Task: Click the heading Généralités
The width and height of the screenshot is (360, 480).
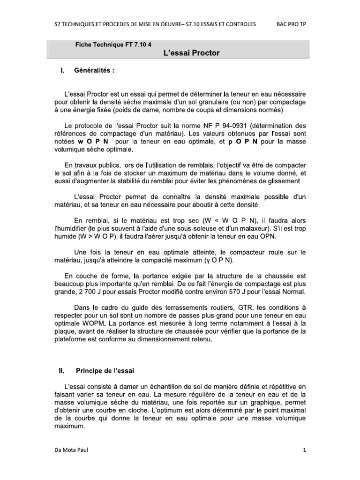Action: tap(93, 71)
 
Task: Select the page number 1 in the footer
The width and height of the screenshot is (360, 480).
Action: tap(304, 451)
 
